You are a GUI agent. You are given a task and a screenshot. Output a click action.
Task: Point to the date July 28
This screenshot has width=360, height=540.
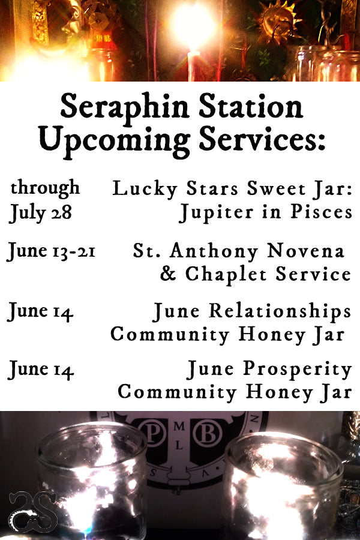tap(40, 212)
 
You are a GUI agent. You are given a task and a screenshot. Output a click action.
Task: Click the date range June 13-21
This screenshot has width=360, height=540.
tap(51, 251)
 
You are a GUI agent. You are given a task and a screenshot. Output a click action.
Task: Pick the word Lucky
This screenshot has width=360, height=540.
tap(140, 189)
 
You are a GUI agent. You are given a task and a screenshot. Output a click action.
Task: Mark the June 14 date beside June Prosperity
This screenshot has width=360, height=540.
tap(40, 371)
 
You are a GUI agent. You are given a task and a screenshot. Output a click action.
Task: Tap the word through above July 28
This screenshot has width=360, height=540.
tap(45, 188)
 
